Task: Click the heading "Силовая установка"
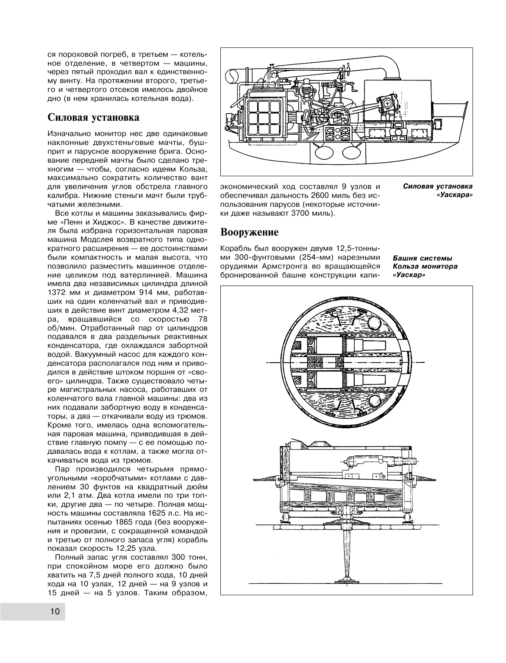coord(93,117)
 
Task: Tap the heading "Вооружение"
coord(250,232)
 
